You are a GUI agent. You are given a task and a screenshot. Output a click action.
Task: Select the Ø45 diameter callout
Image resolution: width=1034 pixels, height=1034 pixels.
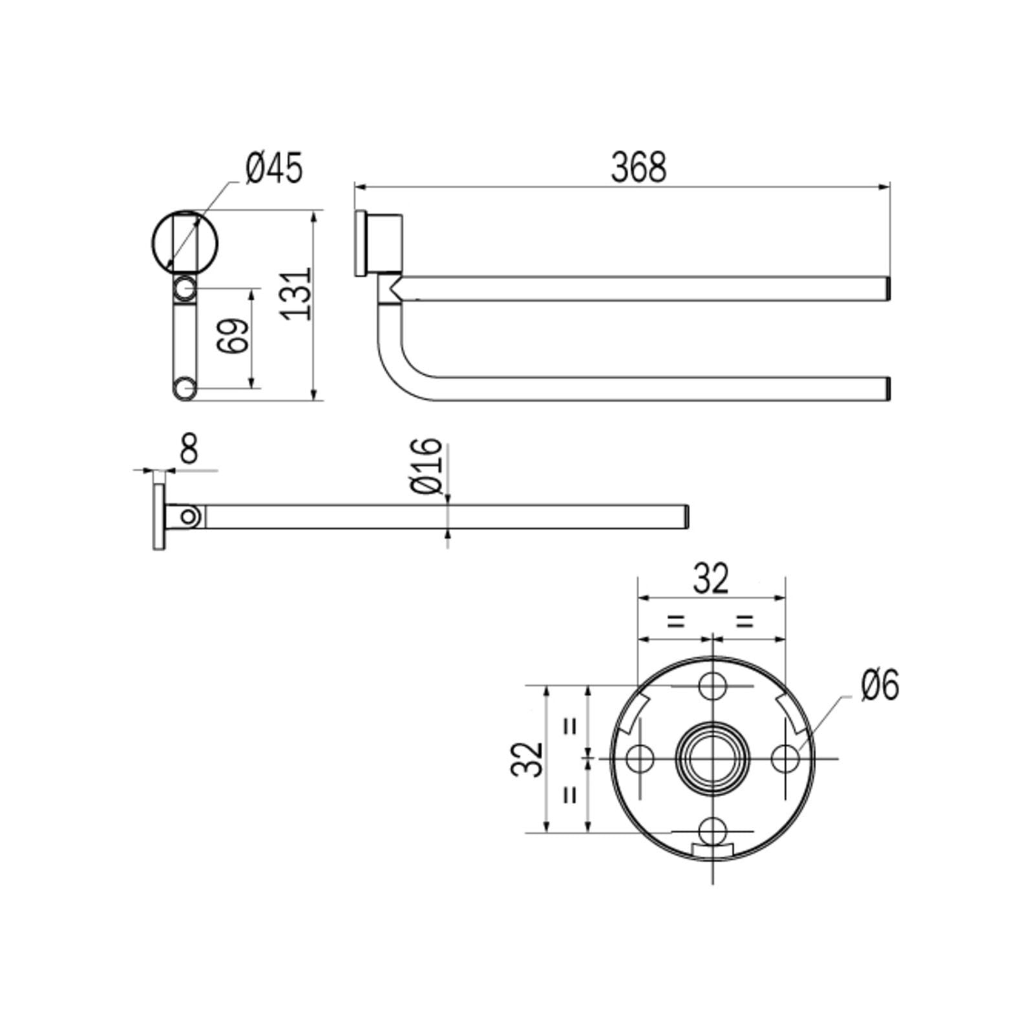click(x=274, y=169)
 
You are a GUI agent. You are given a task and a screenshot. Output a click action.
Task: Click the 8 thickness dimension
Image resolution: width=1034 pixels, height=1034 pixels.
click(x=188, y=448)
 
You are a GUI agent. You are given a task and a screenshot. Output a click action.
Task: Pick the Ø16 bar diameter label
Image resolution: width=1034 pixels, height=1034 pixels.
click(x=427, y=465)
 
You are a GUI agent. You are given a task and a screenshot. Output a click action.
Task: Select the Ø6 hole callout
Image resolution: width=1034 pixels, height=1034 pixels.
click(x=880, y=685)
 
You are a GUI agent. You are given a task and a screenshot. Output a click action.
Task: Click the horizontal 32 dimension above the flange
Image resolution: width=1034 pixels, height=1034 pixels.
click(x=711, y=579)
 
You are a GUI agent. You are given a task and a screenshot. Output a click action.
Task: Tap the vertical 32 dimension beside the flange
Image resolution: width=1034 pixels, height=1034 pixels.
click(x=527, y=759)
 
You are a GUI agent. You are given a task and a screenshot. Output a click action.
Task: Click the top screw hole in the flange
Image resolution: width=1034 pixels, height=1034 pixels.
click(x=712, y=686)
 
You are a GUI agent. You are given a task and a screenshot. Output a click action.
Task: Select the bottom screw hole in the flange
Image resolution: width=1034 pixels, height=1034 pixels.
click(x=712, y=830)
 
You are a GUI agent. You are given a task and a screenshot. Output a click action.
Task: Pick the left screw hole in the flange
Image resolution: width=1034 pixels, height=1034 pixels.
click(x=640, y=758)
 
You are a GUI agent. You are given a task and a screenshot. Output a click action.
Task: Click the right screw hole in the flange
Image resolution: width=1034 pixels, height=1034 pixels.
click(x=785, y=758)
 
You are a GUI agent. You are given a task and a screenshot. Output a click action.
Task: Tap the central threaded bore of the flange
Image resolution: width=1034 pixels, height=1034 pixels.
click(x=712, y=758)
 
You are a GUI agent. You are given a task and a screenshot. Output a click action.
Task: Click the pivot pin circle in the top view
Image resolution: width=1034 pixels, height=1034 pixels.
click(x=189, y=516)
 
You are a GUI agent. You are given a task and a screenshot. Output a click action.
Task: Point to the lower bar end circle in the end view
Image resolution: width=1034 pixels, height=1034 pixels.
click(x=185, y=389)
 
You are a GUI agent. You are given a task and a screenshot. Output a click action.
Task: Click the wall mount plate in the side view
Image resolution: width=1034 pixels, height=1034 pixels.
click(x=361, y=244)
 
